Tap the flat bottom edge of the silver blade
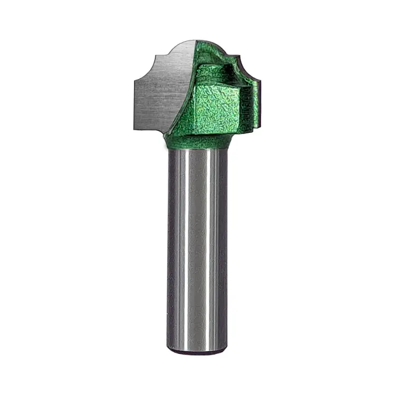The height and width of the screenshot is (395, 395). pos(150,129)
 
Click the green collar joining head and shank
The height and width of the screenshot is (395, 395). pos(197,141)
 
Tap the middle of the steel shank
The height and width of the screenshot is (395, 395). pos(197,248)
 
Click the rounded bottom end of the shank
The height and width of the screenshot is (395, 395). pos(197,350)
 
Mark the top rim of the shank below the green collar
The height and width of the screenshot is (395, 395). pos(197,150)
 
